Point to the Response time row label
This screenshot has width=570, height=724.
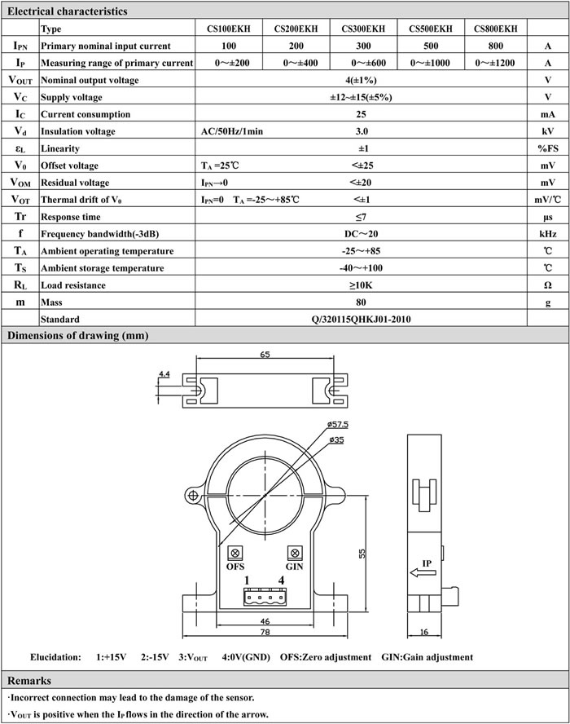tap(71, 217)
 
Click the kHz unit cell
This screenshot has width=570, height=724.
tap(548, 234)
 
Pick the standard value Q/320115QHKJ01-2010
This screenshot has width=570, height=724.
tap(362, 320)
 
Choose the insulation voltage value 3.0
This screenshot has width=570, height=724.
tap(362, 131)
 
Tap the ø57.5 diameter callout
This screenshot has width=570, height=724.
tap(339, 425)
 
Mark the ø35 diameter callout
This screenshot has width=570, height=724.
tap(336, 439)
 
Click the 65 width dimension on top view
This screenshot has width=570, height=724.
tap(265, 355)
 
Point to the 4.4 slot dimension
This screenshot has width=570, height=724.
tap(163, 374)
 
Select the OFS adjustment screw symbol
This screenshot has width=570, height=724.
tap(235, 550)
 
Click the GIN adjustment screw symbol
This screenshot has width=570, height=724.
tap(294, 550)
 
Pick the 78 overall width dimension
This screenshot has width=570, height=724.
tap(265, 632)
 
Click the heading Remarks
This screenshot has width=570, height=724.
tap(29, 681)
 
